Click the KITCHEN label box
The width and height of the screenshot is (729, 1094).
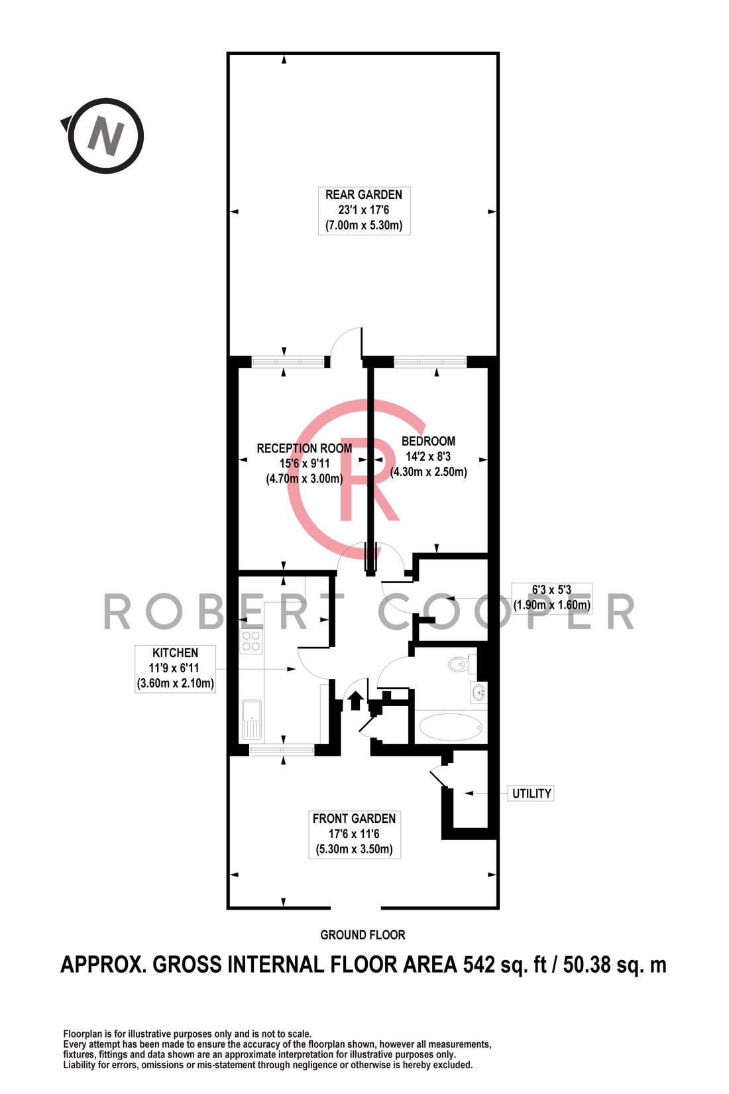click(x=176, y=668)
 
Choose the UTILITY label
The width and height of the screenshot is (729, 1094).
click(x=532, y=794)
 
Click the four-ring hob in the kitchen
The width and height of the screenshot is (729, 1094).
click(x=251, y=641)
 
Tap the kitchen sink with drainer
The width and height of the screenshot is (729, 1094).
click(x=252, y=719)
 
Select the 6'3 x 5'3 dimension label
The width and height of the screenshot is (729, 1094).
click(x=552, y=598)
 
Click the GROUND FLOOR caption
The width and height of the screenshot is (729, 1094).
click(x=363, y=936)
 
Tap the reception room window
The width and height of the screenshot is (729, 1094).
click(x=288, y=362)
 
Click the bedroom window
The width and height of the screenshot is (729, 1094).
click(x=429, y=362)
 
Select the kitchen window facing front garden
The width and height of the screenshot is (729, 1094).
click(x=282, y=750)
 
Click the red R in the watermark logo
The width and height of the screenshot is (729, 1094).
click(x=368, y=479)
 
